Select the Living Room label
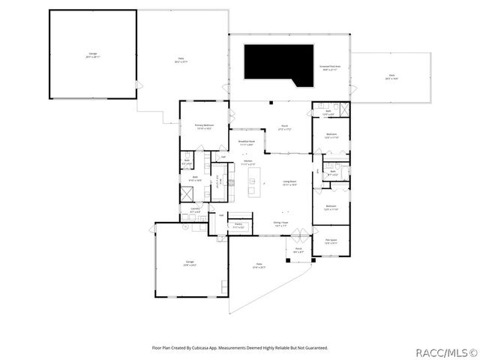coord(289,182)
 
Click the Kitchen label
coord(247,163)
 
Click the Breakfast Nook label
coord(247,142)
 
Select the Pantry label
coord(239,225)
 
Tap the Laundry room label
coord(195,211)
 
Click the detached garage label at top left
coord(92,55)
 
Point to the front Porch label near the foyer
coord(298,250)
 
